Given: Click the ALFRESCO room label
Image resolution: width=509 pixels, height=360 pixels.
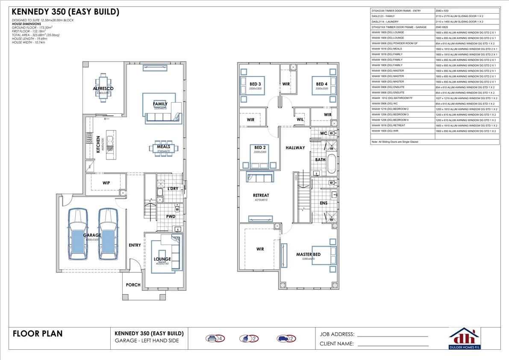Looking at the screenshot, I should pyautogui.click(x=103, y=89).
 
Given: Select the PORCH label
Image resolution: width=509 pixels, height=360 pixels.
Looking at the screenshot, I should pyautogui.click(x=133, y=285).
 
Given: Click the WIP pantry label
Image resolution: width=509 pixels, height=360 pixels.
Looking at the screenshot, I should pyautogui.click(x=106, y=183).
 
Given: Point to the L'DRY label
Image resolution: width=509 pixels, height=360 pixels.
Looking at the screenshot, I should pyautogui.click(x=173, y=189).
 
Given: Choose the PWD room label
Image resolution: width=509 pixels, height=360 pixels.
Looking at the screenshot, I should pyautogui.click(x=171, y=216).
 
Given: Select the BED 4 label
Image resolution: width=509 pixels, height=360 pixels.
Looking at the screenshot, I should pyautogui.click(x=321, y=84).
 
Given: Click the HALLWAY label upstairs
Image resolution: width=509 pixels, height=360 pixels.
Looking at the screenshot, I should pyautogui.click(x=295, y=148).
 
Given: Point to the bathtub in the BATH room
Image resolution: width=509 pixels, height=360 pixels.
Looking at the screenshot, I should pyautogui.click(x=331, y=165).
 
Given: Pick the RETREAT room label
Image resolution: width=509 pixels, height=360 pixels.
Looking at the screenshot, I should pyautogui.click(x=261, y=195).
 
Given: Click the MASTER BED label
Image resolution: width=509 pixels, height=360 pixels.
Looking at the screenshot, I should pyautogui.click(x=308, y=254).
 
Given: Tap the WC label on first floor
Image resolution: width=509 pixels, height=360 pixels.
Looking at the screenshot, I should pyautogui.click(x=324, y=133).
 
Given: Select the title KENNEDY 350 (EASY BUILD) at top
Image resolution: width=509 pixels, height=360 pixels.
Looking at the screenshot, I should pyautogui.click(x=65, y=12).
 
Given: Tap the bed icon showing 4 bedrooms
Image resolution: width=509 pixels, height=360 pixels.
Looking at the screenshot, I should pyautogui.click(x=212, y=339).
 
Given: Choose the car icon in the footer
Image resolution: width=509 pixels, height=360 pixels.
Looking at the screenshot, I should pyautogui.click(x=283, y=339).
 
